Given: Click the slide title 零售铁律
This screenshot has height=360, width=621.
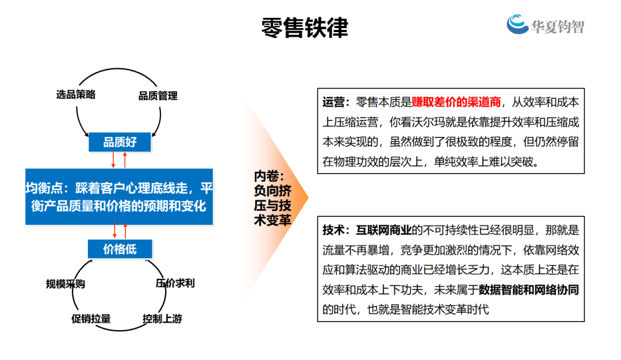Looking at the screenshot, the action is point(305,28).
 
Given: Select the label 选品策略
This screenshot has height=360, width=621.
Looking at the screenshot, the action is point(76,95).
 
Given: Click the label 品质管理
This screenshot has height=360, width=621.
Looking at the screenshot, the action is point(158,96).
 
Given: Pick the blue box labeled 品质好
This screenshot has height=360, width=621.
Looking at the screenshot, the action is point(120,142).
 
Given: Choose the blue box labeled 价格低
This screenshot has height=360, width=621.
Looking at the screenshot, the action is point(120,249).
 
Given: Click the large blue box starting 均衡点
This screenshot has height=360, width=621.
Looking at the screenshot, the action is point(120,197).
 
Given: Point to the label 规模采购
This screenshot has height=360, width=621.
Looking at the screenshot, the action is point(66,284).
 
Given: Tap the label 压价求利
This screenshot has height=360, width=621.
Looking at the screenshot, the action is point(175,283).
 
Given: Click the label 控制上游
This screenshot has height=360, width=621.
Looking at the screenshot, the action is point(163,319).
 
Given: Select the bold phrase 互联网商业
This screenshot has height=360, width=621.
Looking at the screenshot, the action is point(384,230).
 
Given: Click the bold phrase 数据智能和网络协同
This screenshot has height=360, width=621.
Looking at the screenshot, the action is point(529,289).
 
